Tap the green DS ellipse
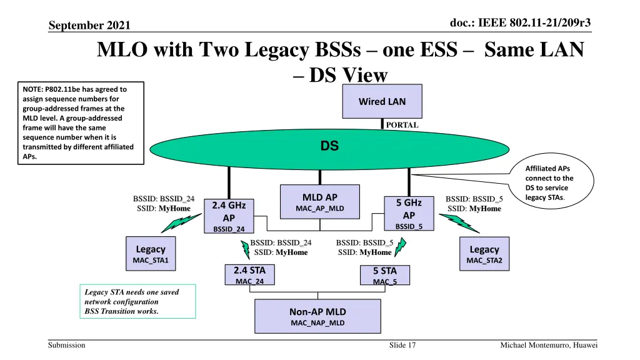tap(329, 147)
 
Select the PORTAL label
tap(402, 125)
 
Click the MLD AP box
tap(321, 202)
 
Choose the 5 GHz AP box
tap(409, 213)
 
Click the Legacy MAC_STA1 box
tap(151, 254)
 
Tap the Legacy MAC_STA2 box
tap(484, 254)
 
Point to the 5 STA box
tap(384, 276)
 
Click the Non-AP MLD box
tap(317, 316)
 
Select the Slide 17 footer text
tap(402, 346)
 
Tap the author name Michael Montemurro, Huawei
tap(549, 346)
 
